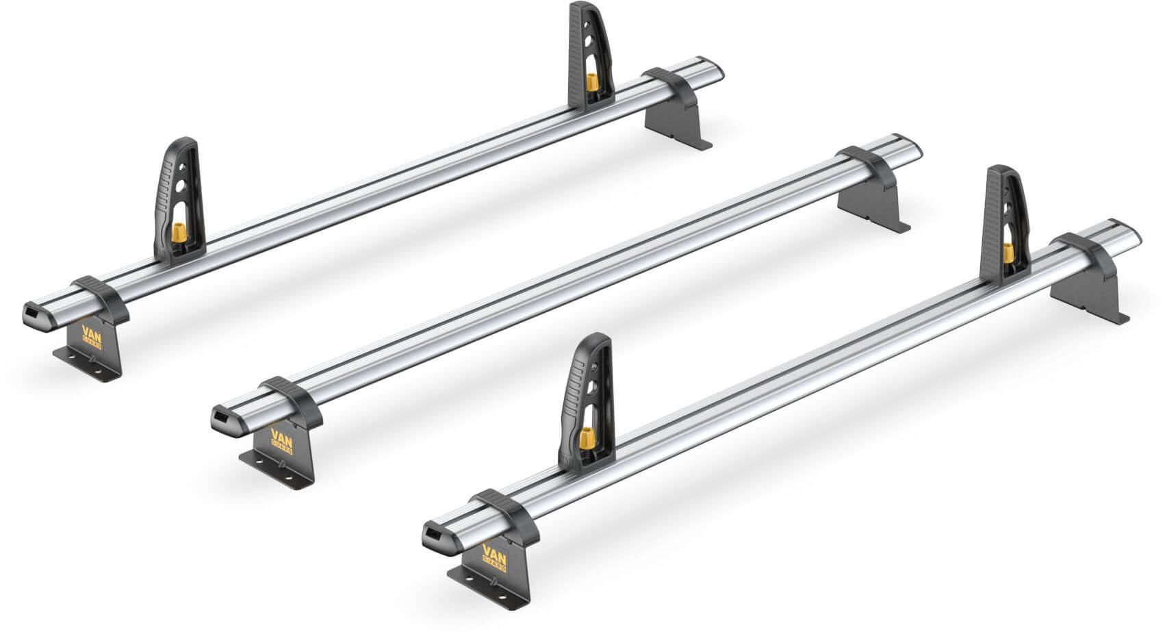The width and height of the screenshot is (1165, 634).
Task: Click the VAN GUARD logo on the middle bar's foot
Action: pyautogui.click(x=281, y=441)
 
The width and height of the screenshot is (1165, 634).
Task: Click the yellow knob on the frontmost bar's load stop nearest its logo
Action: pyautogui.click(x=585, y=438)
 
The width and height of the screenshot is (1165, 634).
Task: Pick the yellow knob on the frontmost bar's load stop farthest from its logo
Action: pyautogui.click(x=1008, y=253)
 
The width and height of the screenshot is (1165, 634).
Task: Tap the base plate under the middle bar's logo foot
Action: pyautogui.click(x=274, y=472)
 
